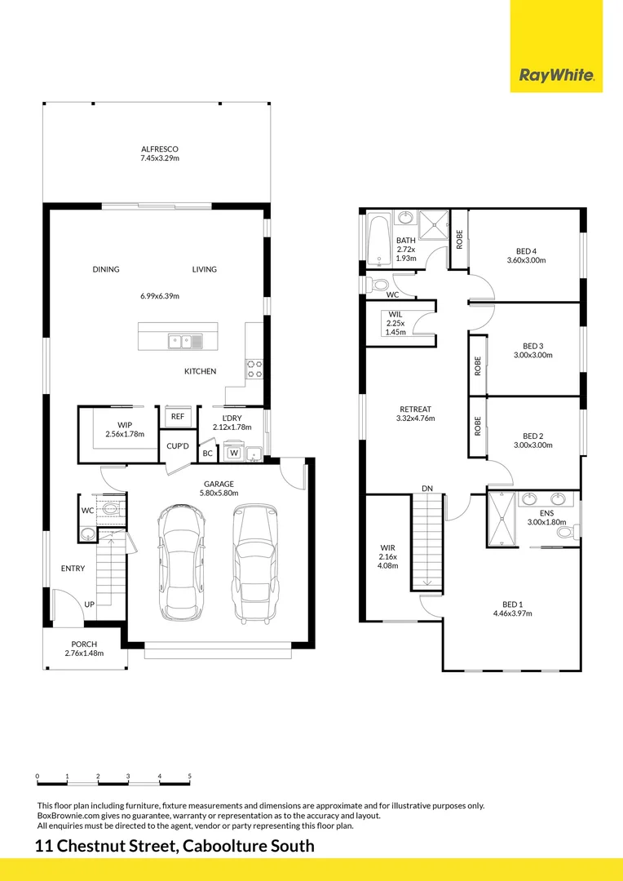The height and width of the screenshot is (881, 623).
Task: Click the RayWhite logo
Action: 556,75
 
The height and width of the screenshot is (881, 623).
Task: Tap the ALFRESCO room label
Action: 160,149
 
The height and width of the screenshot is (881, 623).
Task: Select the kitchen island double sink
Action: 185,341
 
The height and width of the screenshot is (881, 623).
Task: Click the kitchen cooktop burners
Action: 254,369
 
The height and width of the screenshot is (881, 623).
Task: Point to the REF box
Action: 178,416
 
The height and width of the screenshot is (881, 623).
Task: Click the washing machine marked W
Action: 234,452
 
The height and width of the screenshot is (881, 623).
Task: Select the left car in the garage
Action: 182,562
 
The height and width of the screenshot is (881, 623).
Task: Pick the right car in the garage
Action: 255,563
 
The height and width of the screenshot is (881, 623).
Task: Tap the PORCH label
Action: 84,644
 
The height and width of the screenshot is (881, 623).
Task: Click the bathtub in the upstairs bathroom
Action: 379,240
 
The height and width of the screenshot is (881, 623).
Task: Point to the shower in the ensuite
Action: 501,519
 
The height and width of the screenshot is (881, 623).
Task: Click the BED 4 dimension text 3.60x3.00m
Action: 527,260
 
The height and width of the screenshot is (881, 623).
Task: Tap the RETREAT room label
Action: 416,409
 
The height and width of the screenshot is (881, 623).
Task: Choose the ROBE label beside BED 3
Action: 478,365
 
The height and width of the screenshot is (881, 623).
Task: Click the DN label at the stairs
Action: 427,489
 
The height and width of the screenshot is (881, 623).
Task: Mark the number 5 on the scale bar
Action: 190,776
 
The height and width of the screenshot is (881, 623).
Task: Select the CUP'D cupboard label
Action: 178,446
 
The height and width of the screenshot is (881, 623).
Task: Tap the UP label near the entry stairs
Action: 90,604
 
